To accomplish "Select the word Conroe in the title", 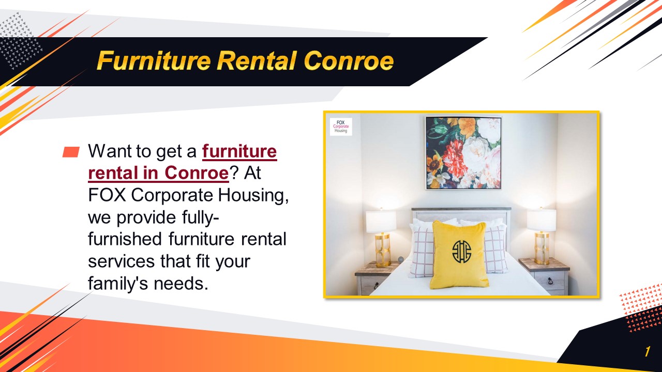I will click(349, 61).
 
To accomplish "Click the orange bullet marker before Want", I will click(71, 152).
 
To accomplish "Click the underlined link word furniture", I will click(239, 151).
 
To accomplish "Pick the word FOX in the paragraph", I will click(107, 196).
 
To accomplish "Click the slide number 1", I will click(646, 352).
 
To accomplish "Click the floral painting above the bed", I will click(463, 153).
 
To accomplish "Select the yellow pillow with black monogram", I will click(459, 254).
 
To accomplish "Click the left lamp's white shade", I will click(381, 221).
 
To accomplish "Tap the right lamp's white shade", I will click(541, 221).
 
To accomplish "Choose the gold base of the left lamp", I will click(383, 250).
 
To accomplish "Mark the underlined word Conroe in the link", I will click(197, 174).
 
